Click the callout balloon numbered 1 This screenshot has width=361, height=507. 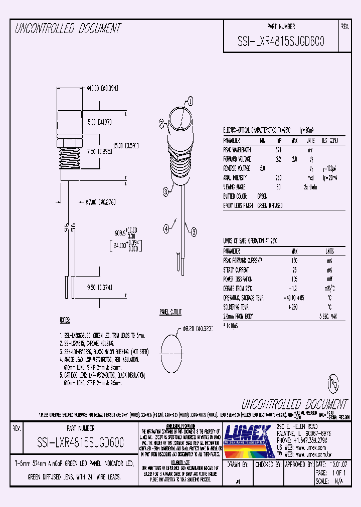[190, 101]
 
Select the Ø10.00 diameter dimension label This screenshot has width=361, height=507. [102, 88]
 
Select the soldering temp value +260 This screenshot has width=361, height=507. [294, 307]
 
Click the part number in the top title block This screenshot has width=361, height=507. [281, 42]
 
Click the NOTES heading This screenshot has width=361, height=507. [66, 319]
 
